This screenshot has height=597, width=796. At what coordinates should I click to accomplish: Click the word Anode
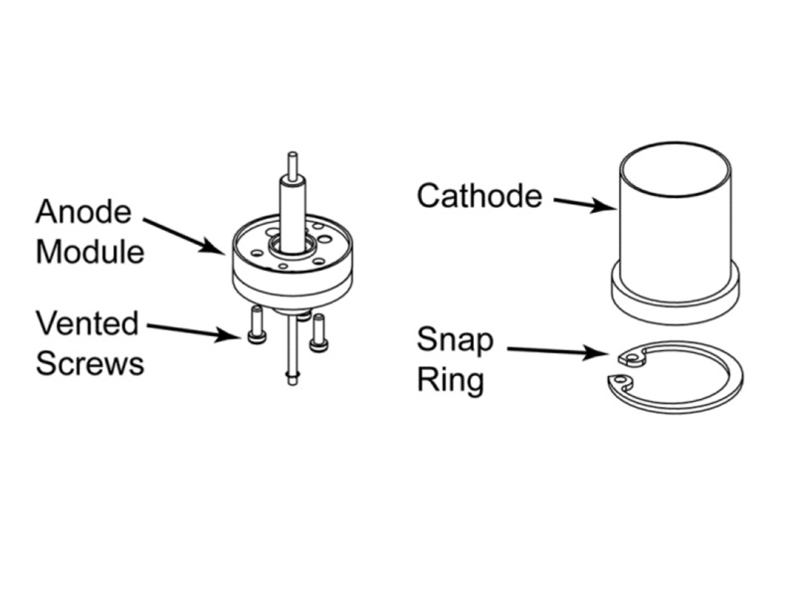coord(83,212)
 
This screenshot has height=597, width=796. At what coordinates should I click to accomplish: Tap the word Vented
coord(87,323)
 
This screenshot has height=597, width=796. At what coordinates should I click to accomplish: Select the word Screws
coord(90,363)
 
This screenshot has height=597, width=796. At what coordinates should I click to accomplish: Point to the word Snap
coord(455,340)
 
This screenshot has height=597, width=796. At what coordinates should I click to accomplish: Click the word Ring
coord(450,380)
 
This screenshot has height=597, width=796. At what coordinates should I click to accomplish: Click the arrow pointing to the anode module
coord(184,234)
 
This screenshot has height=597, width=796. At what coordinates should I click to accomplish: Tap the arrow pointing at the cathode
coord(584,204)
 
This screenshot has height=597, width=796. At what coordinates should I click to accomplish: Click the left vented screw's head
coord(257,336)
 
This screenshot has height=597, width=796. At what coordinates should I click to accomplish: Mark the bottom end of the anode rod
coord(292,377)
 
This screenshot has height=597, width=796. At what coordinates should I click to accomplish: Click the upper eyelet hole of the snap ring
coord(628,356)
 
